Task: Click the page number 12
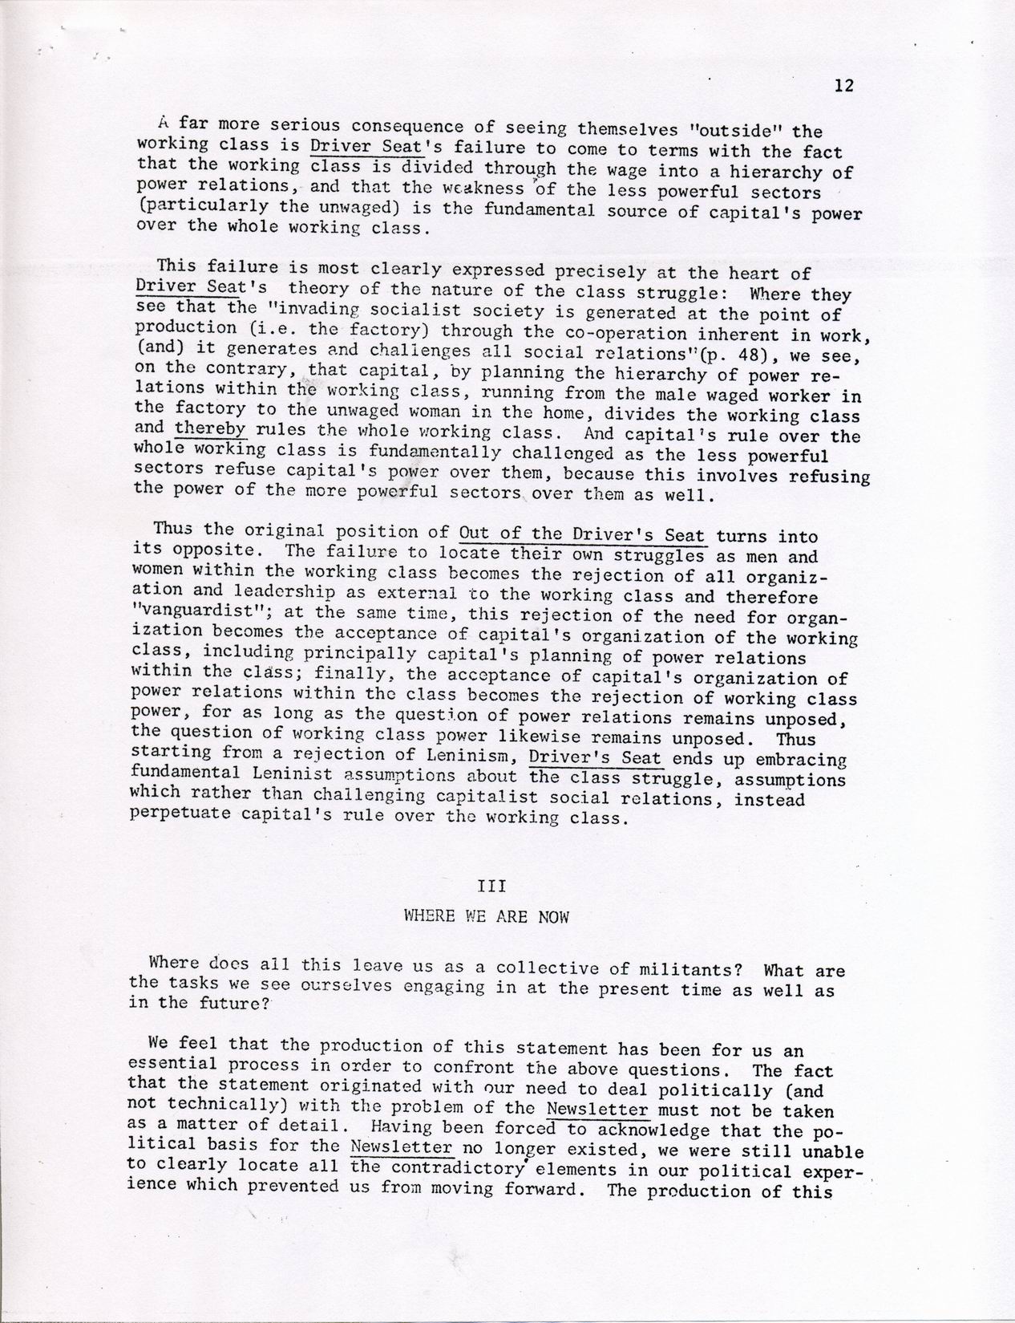click(843, 86)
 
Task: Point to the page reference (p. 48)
click(731, 352)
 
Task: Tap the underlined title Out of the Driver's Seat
click(582, 534)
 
